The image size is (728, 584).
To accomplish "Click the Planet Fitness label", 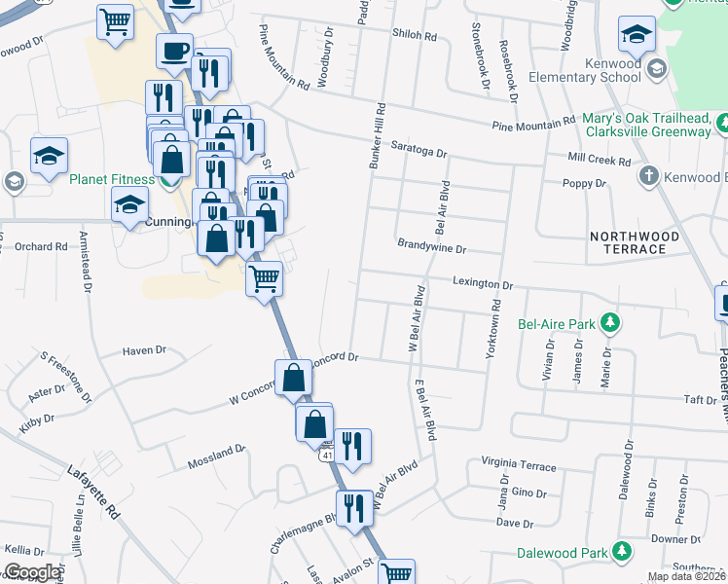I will point(111,179).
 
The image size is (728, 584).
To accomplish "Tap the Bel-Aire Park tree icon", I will point(609,321).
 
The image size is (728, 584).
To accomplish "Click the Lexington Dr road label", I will point(483,284).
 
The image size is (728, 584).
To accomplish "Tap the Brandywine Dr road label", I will point(431,248).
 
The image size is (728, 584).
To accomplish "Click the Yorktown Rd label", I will point(494,321).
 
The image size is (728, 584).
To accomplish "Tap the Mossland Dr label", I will point(216,454).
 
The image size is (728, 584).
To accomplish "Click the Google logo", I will point(33,572).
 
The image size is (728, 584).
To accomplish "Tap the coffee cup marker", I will point(175,51).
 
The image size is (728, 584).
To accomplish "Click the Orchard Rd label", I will point(41,246).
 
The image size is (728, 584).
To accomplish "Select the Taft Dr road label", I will point(700,399).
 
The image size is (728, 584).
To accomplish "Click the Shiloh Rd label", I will point(414,34).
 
